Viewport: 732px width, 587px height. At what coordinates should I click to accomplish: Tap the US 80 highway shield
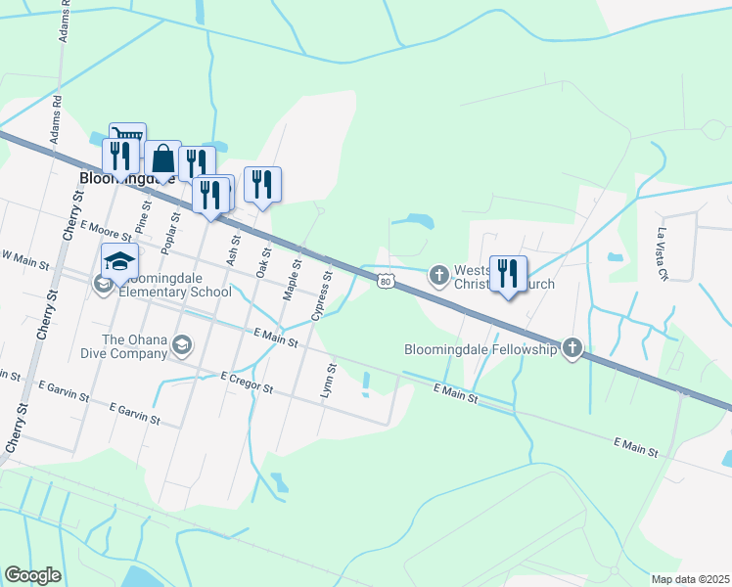pyautogui.click(x=387, y=282)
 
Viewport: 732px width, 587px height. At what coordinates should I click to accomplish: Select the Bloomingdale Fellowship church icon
pyautogui.click(x=572, y=348)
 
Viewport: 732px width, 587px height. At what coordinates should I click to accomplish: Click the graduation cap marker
pyautogui.click(x=119, y=261)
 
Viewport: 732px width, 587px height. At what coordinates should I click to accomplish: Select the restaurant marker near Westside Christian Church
pyautogui.click(x=508, y=273)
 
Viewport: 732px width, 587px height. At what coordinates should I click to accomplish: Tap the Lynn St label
pyautogui.click(x=329, y=382)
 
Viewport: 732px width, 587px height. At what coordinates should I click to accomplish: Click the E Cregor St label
pyautogui.click(x=247, y=382)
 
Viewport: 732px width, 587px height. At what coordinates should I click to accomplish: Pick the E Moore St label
pyautogui.click(x=106, y=232)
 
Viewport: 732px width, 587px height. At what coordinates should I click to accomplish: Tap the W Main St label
pyautogui.click(x=24, y=257)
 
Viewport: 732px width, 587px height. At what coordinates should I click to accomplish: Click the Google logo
pyautogui.click(x=32, y=575)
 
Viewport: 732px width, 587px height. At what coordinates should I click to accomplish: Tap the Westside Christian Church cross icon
pyautogui.click(x=439, y=276)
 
